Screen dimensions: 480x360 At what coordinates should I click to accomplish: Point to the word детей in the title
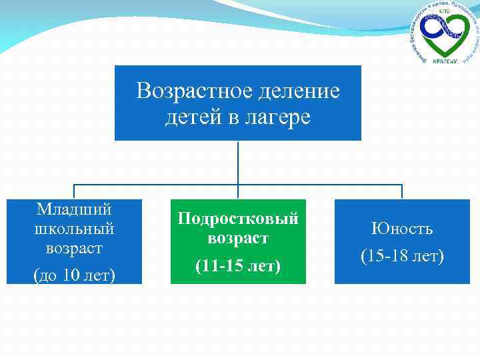pos(190,118)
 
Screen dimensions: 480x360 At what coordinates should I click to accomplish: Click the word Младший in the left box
pos(74,209)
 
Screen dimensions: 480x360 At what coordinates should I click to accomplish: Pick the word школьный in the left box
pos(74,229)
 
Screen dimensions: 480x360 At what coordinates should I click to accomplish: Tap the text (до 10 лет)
pos(74,273)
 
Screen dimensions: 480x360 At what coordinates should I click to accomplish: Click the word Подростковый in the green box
pos(238,218)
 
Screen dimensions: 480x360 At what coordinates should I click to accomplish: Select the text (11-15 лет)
pos(238,266)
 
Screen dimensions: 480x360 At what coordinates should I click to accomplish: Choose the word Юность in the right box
pos(402,229)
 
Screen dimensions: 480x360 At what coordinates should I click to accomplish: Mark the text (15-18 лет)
pos(402,255)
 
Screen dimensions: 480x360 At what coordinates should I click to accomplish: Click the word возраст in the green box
pos(238,238)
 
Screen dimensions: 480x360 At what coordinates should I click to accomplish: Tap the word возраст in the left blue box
pos(74,248)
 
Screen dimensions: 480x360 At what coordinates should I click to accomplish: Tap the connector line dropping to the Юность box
pos(402,191)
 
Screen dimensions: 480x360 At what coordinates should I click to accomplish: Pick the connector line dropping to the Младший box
pos(74,191)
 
